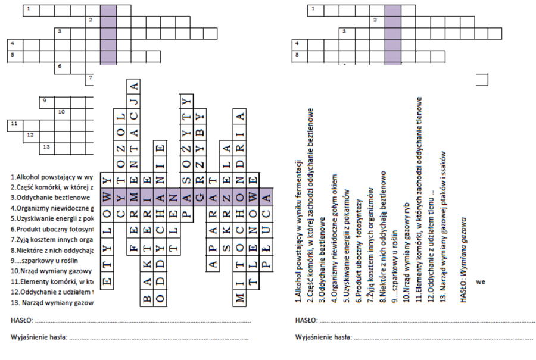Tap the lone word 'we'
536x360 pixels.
pyautogui.click(x=481, y=281)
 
